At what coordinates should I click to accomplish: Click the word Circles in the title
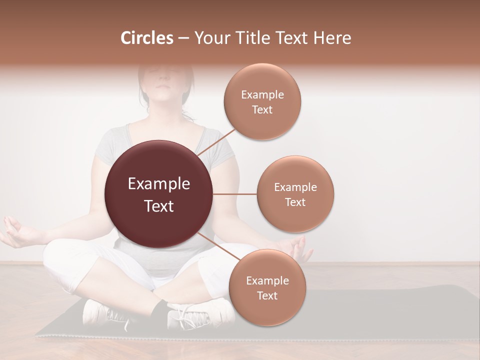click(x=147, y=38)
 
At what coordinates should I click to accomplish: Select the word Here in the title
click(x=332, y=38)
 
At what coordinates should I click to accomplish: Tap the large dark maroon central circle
click(x=158, y=194)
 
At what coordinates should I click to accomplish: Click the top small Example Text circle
click(x=262, y=101)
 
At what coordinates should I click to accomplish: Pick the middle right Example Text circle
click(x=295, y=194)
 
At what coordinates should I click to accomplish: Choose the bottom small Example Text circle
click(x=267, y=287)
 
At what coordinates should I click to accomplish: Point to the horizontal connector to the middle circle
click(x=234, y=194)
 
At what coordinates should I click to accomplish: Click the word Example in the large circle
click(x=159, y=184)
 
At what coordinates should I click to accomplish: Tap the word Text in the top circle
click(x=262, y=109)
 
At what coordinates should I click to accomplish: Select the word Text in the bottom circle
click(x=267, y=295)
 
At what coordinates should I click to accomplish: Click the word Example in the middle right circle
click(x=295, y=187)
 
